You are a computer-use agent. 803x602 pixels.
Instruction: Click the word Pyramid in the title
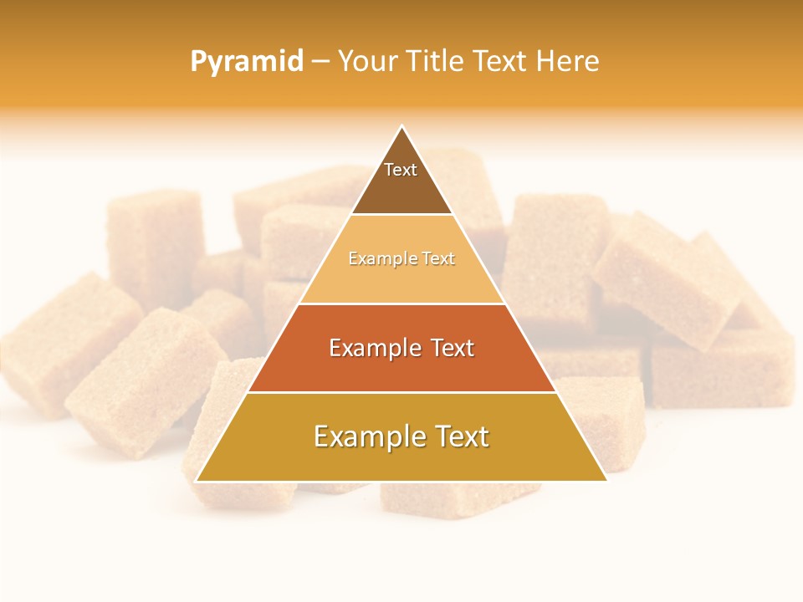(x=247, y=62)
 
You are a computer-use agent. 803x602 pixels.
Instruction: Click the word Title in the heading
(x=435, y=62)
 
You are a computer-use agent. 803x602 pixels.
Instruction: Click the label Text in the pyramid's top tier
(x=401, y=170)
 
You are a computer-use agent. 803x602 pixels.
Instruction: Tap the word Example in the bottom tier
(x=366, y=436)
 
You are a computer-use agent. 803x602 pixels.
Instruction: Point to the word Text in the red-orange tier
(x=450, y=348)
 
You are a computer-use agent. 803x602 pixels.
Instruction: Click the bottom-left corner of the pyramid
(x=196, y=481)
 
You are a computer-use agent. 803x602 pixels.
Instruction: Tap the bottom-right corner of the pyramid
(x=607, y=481)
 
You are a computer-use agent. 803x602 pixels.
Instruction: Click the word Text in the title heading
(x=498, y=62)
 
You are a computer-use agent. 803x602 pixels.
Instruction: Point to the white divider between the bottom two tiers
(x=401, y=392)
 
